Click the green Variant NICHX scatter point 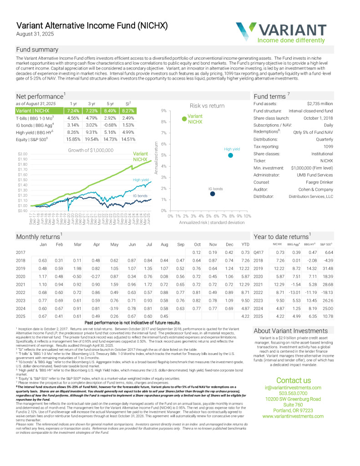pyautogui.click(x=184, y=118)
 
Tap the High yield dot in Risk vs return pyautogui.click(x=231, y=156)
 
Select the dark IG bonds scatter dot pyautogui.click(x=213, y=194)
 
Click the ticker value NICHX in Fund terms pyautogui.click(x=326, y=161)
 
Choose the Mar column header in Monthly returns pyautogui.click(x=78, y=244)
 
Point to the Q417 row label pyautogui.click(x=258, y=252)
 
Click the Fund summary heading pyautogui.click(x=37, y=49)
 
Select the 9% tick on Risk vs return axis pyautogui.click(x=163, y=111)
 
